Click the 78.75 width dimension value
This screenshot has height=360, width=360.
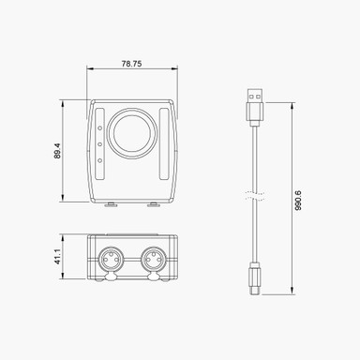pos(131,65)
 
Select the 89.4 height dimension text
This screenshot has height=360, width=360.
pos(57,150)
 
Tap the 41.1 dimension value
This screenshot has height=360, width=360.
pos(57,256)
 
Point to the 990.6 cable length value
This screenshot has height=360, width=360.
pos(298,200)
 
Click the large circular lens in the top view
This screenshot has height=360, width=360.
pos(131,134)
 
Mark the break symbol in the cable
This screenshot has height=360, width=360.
pos(252,196)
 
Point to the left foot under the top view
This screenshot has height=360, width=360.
pos(111,203)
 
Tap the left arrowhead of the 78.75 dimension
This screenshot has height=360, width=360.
pos(89,69)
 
